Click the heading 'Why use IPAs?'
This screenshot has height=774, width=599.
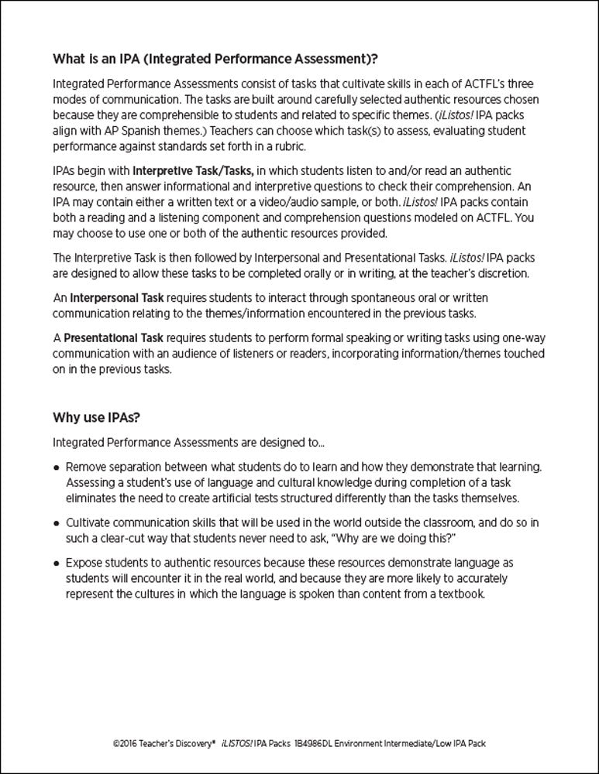96,418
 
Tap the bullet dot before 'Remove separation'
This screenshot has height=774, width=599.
57,467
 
